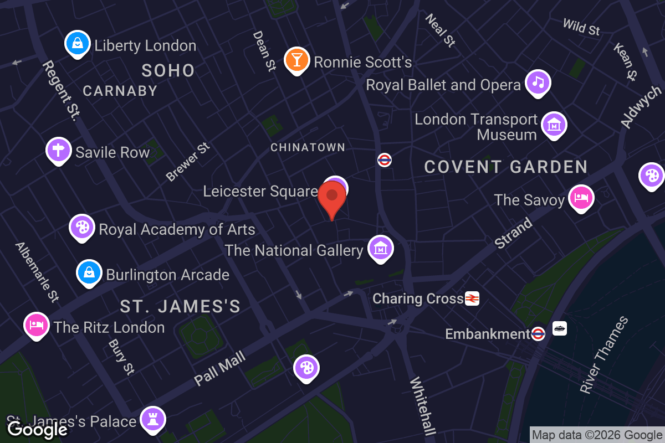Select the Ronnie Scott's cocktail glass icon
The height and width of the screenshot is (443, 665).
pos(296,60)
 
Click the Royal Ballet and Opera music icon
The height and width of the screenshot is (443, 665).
pos(538,83)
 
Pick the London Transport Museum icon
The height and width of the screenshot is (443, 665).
pos(554,125)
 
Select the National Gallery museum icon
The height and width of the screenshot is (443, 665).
pos(380,249)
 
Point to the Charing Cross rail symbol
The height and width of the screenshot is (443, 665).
pos(472,298)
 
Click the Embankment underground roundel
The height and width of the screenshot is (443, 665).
pos(538,334)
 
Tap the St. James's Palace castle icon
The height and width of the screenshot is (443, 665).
pos(152,419)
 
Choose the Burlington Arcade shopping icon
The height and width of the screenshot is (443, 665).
pos(89,272)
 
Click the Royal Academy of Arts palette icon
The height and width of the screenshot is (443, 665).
pos(82,227)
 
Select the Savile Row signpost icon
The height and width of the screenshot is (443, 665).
pos(59,150)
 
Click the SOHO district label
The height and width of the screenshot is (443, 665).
pos(168,70)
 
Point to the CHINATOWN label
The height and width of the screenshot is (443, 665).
pos(308,147)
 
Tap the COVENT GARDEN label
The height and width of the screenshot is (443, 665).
pos(506,167)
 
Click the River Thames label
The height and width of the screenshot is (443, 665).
pos(605,354)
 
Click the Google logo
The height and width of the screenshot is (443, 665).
pos(38,429)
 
